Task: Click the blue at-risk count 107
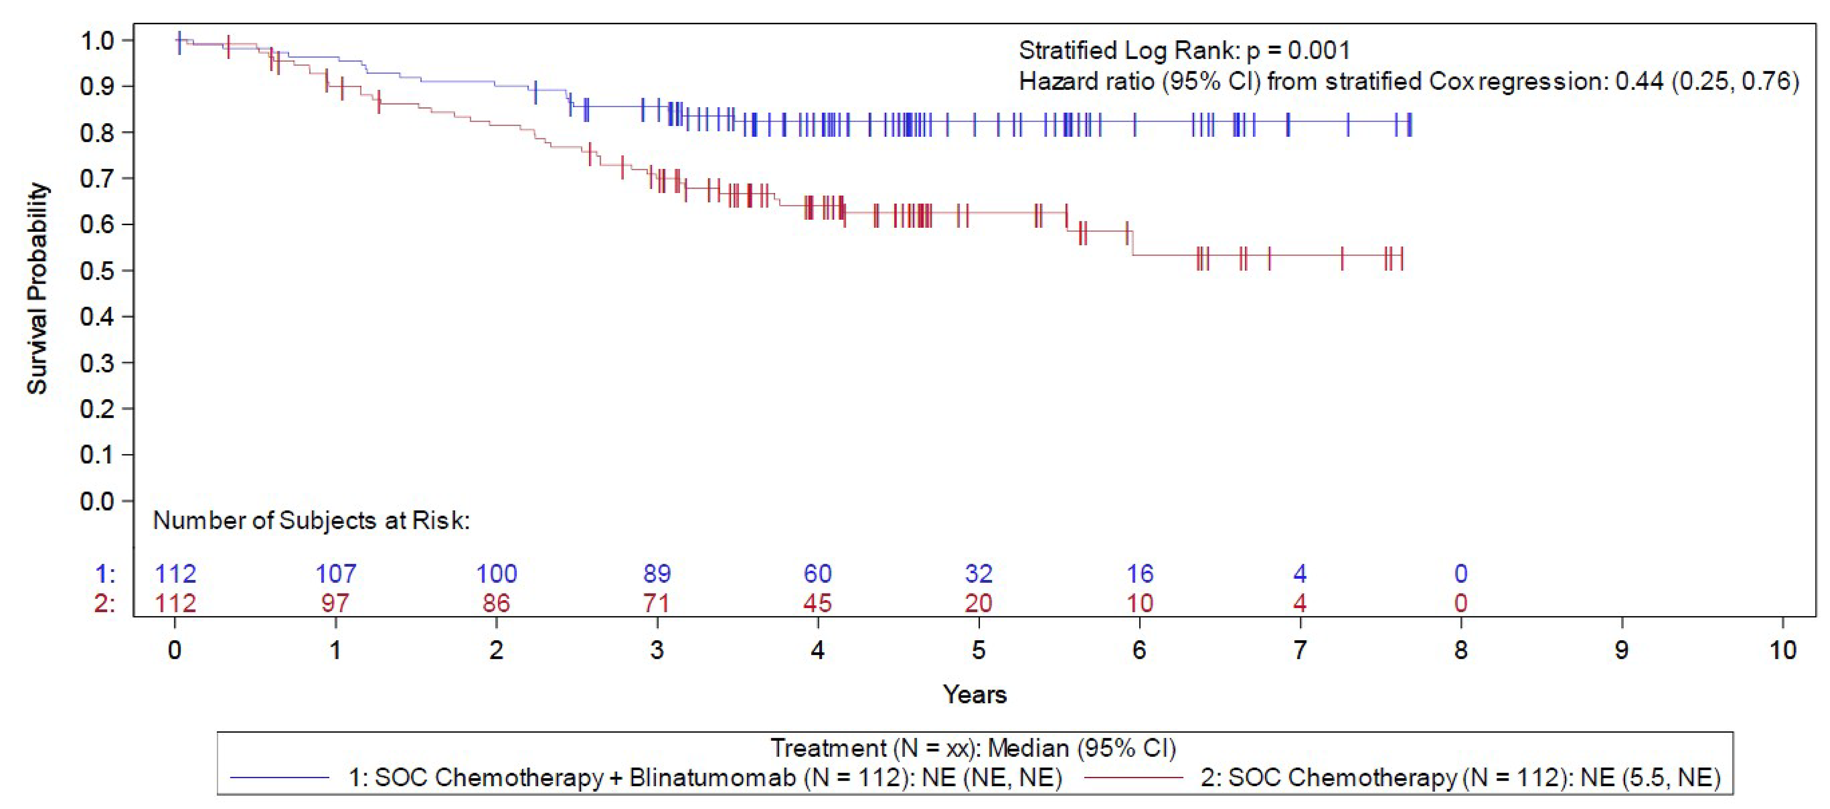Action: point(335,573)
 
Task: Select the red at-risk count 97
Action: point(335,603)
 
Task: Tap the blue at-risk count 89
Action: point(657,573)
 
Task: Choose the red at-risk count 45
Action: point(817,603)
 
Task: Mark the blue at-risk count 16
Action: point(1140,573)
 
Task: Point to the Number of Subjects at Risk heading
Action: point(311,520)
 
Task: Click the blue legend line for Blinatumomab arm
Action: point(280,778)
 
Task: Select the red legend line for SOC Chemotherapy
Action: point(1134,778)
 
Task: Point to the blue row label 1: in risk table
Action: point(105,573)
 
